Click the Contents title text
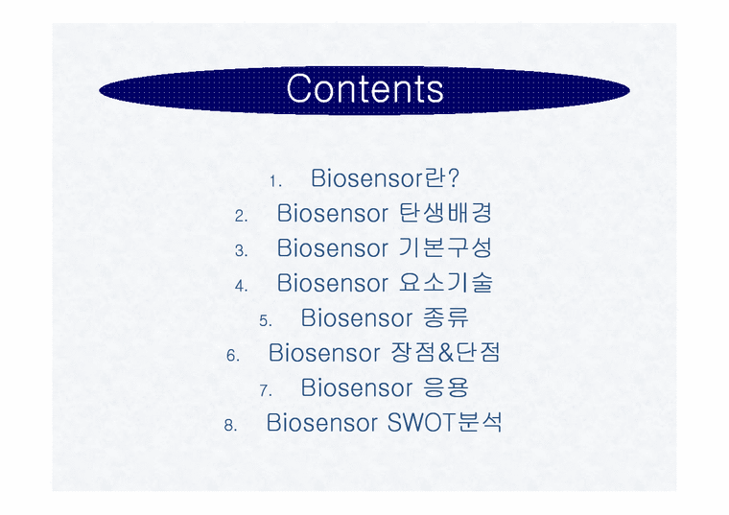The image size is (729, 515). pyautogui.click(x=364, y=89)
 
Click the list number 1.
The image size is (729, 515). pyautogui.click(x=274, y=181)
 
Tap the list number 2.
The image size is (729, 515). pyautogui.click(x=241, y=216)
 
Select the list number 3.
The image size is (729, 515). pyautogui.click(x=241, y=250)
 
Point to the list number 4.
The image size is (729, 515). pyautogui.click(x=241, y=286)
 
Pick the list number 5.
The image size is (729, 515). pyautogui.click(x=266, y=320)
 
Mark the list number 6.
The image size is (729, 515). pyautogui.click(x=233, y=356)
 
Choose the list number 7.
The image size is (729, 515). pyautogui.click(x=266, y=390)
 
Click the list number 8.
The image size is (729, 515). pyautogui.click(x=230, y=425)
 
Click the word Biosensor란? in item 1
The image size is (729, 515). pyautogui.click(x=385, y=178)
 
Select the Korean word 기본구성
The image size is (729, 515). pyautogui.click(x=445, y=247)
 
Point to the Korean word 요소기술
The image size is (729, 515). pyautogui.click(x=445, y=283)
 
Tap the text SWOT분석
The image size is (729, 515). pyautogui.click(x=445, y=422)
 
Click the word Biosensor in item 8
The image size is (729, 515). pyautogui.click(x=323, y=422)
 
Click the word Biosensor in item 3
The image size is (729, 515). pyautogui.click(x=332, y=247)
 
